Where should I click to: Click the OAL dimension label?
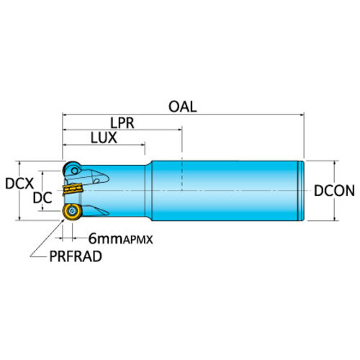pos(183,107)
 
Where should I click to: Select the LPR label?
pos(122,123)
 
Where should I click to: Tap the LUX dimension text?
pos(104,138)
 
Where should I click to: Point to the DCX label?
pos(19,184)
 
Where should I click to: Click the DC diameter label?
pos(42,198)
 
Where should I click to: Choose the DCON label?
pos(334,191)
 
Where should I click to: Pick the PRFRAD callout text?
pos(76,256)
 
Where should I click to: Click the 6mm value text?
pos(106,239)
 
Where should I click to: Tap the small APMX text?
pos(138,240)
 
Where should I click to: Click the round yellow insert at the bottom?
pos(72,212)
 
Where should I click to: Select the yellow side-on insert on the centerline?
pos(73,189)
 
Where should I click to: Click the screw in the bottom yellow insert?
pos(72,211)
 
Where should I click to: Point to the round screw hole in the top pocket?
pos(75,171)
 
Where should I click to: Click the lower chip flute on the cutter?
pos(96,210)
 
